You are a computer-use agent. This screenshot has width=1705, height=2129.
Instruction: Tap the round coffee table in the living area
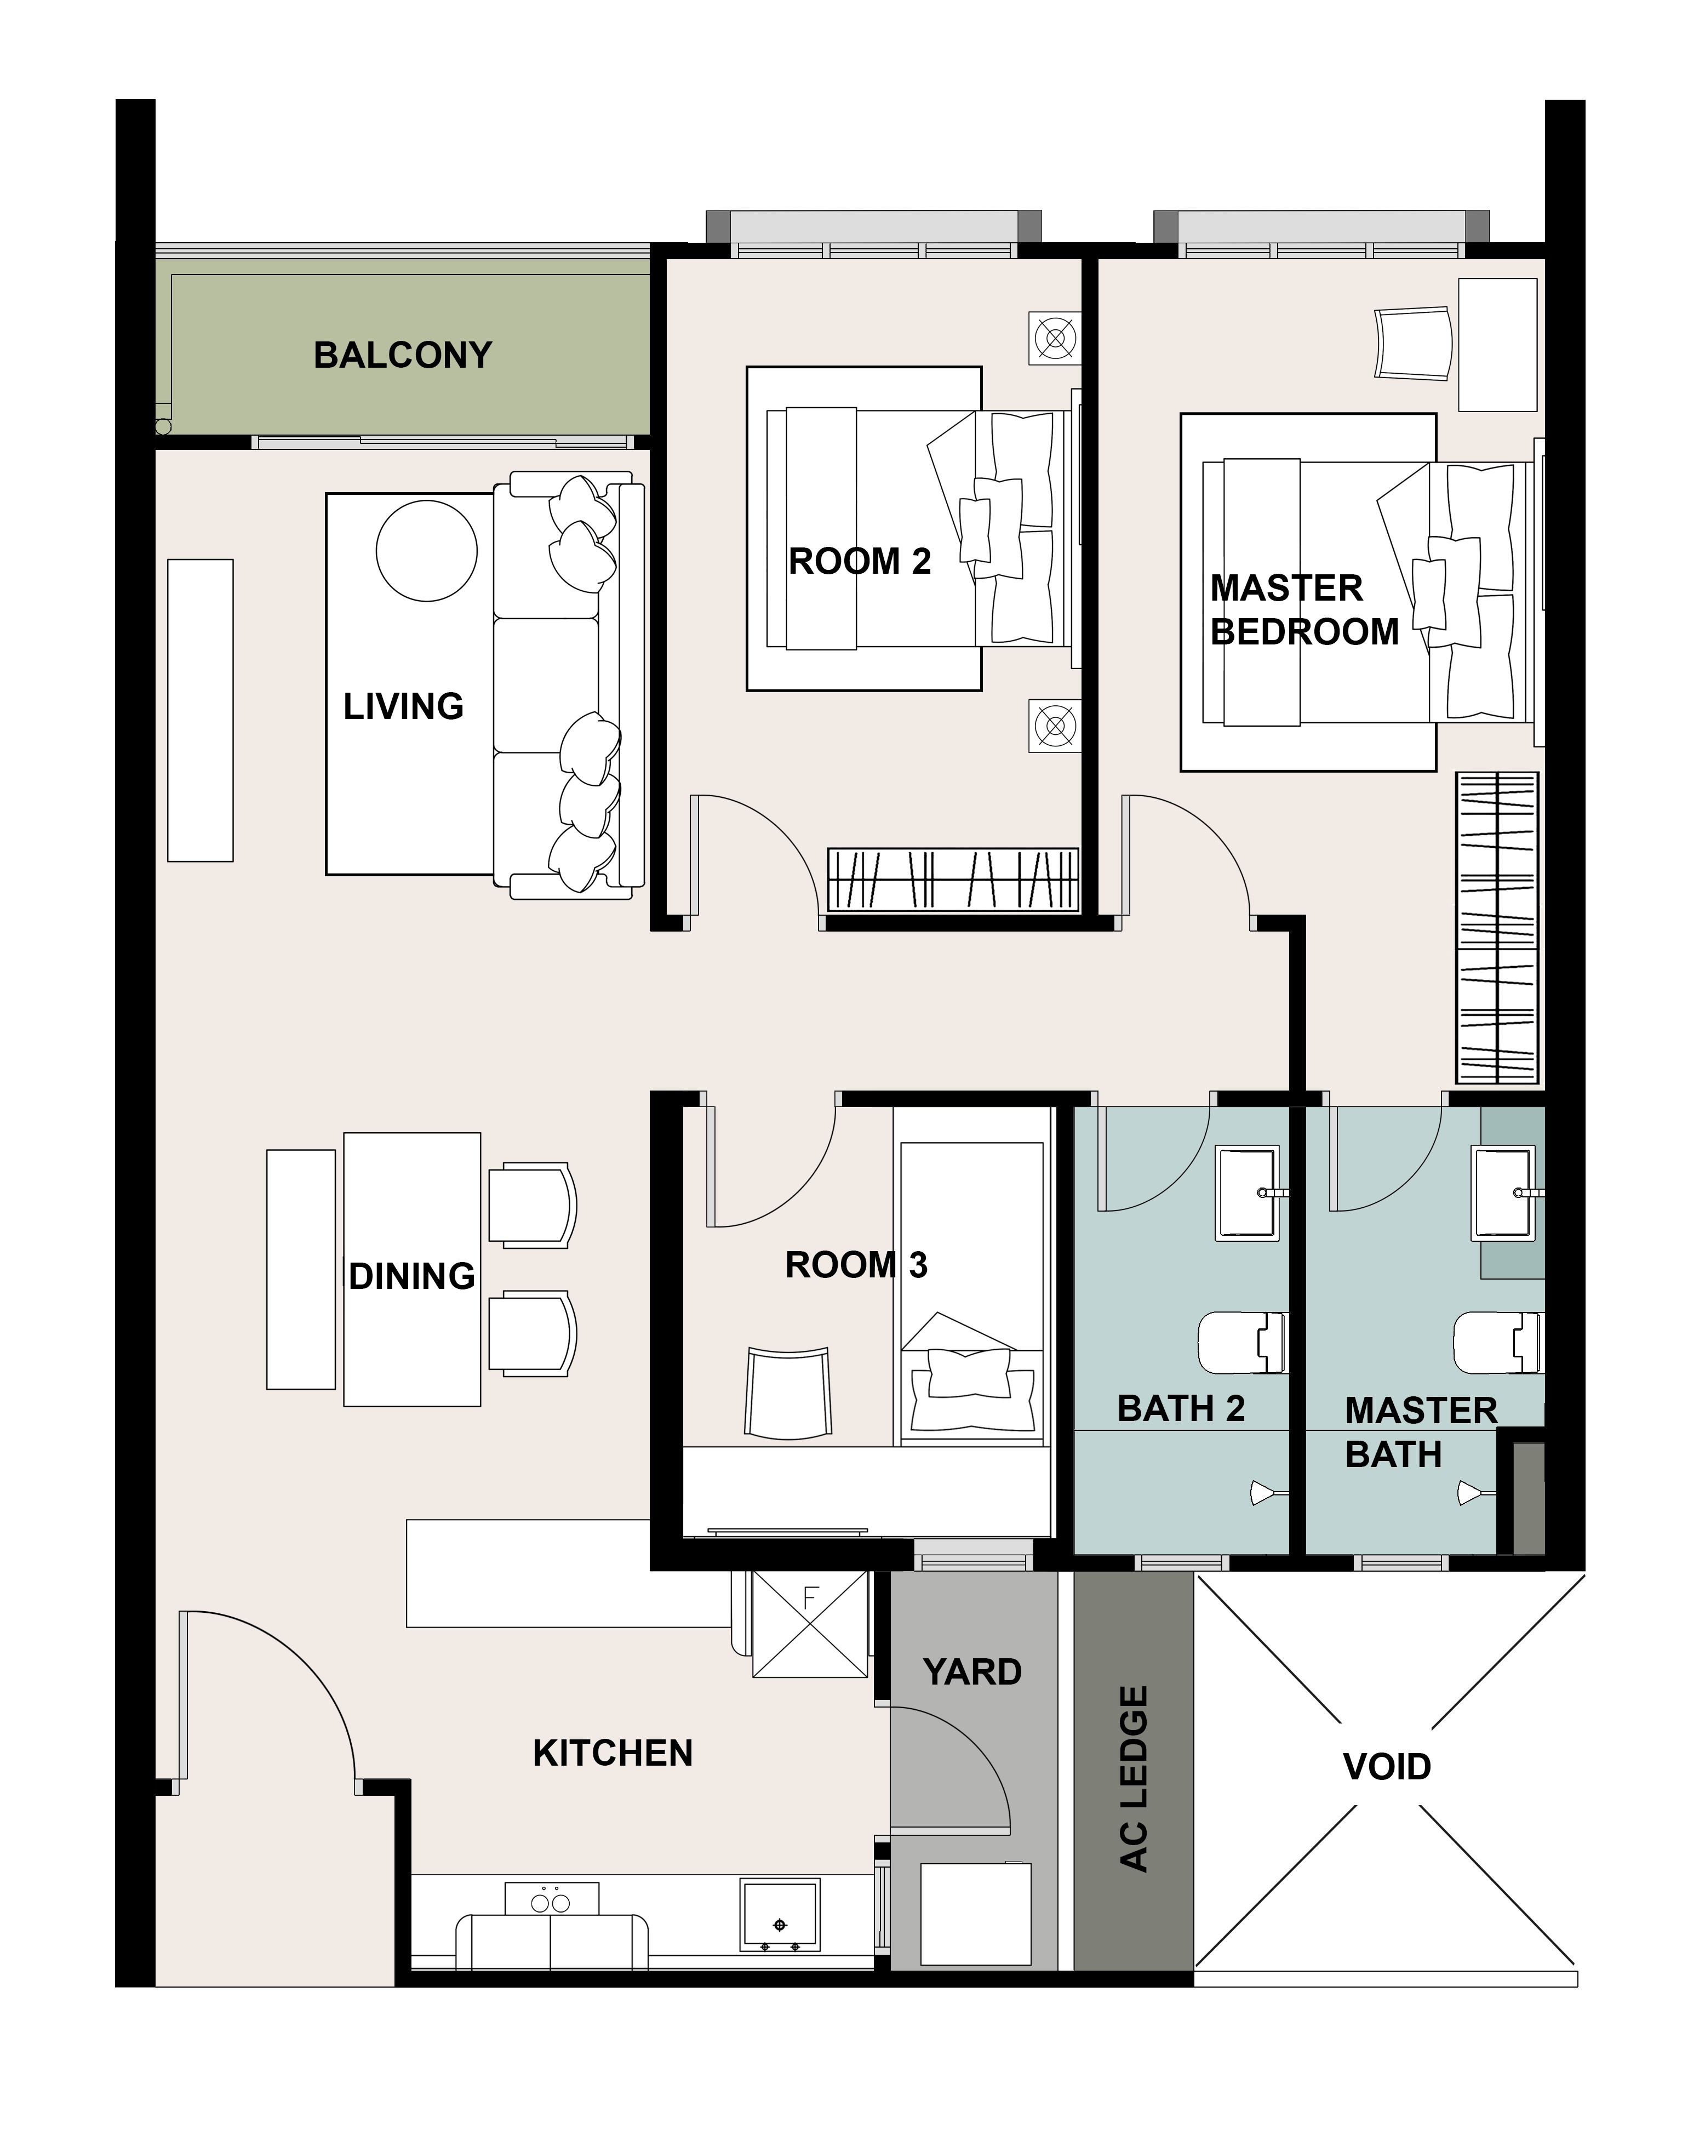pos(426,551)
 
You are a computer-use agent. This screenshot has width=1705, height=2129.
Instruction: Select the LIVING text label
pos(403,706)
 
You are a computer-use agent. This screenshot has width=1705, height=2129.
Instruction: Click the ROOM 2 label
pos(859,561)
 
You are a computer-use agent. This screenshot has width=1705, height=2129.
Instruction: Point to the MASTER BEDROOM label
pos(1304,609)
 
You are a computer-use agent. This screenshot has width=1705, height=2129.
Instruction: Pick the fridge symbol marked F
pos(810,1623)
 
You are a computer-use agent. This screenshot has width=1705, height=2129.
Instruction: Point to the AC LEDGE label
pos(1134,1778)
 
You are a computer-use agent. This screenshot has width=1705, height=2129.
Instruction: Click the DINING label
pos(411,1276)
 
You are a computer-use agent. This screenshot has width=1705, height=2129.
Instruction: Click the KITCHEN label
pos(613,1753)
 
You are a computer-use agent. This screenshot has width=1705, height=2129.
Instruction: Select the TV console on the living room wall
pos(201,710)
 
